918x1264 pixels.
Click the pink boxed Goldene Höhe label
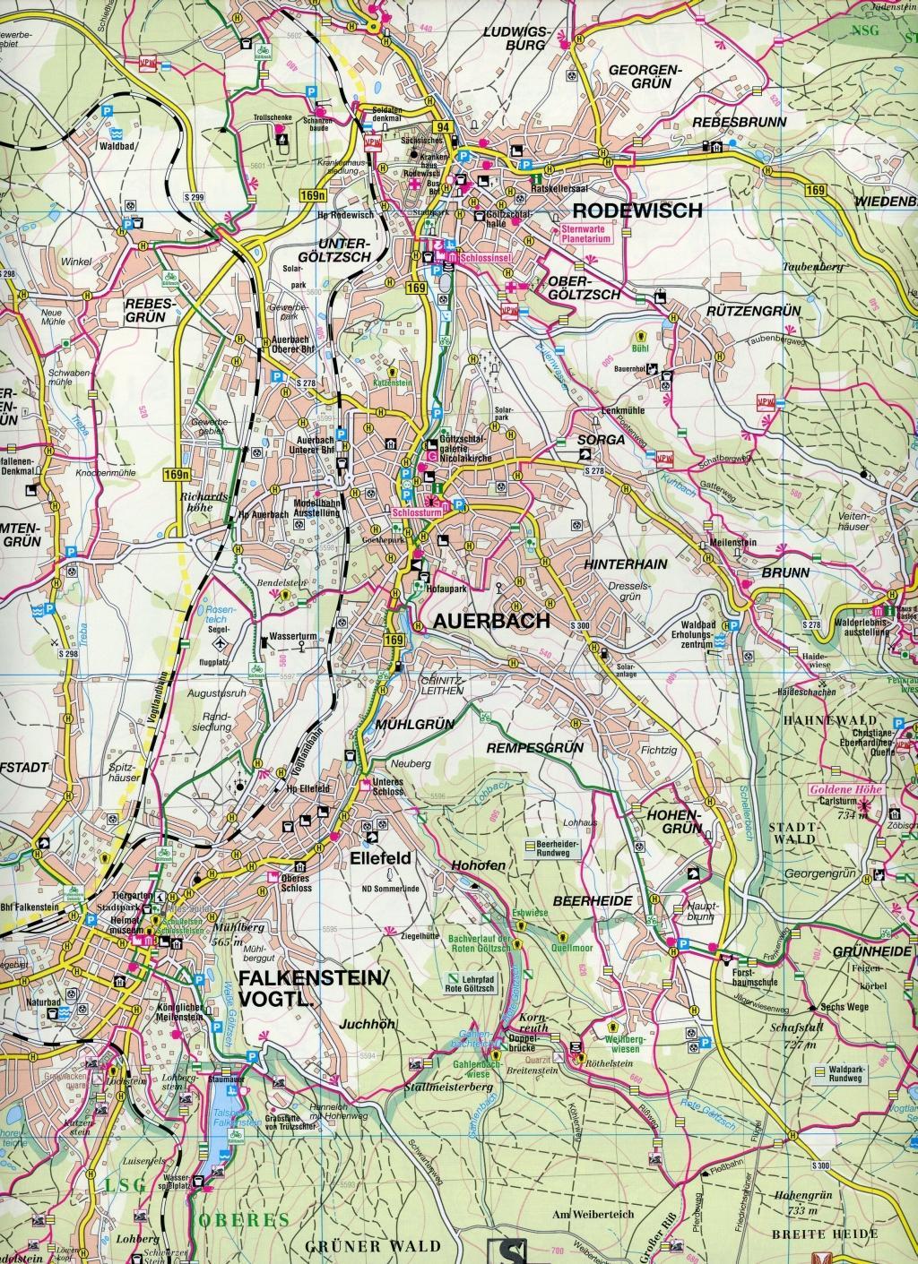coord(845,790)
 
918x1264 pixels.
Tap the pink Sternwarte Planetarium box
coord(584,235)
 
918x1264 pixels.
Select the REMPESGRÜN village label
coord(534,746)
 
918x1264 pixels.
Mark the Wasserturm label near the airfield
coord(289,642)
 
